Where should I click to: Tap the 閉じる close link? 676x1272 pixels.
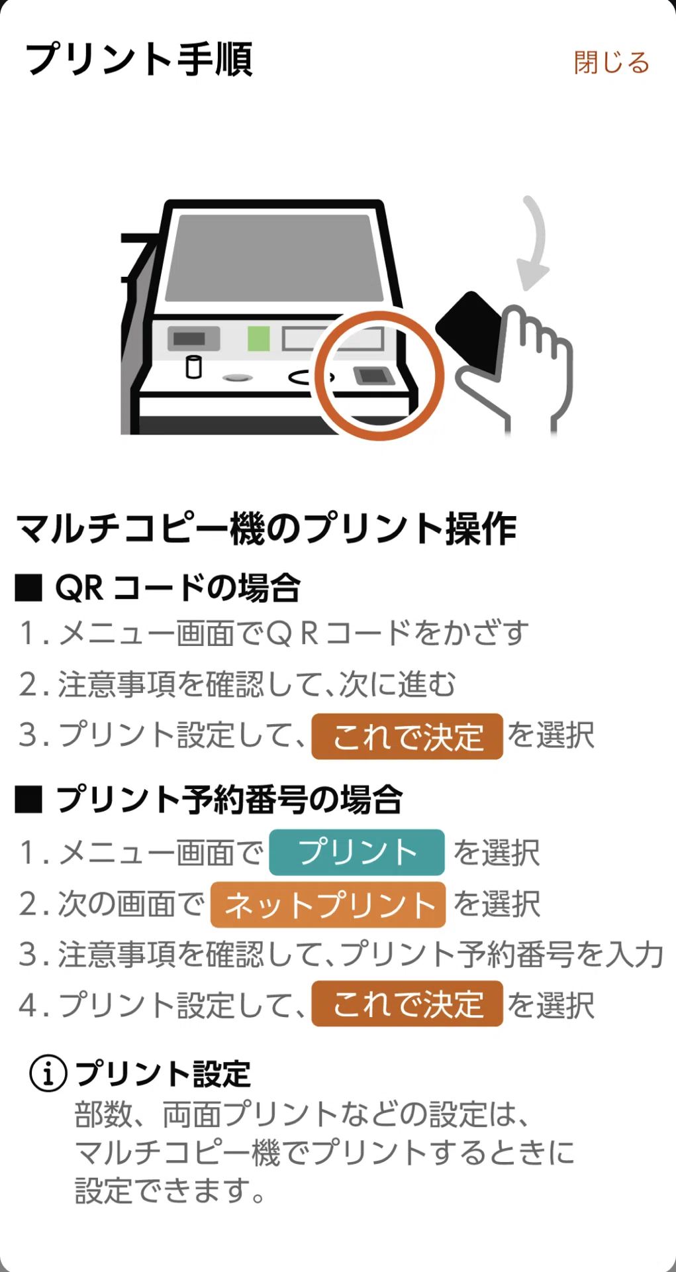click(x=612, y=62)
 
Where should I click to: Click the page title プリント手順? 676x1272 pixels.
click(x=139, y=60)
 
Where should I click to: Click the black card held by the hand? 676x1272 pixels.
click(x=469, y=331)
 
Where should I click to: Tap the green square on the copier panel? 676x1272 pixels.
click(x=259, y=339)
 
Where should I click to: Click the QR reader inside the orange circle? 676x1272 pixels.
click(x=374, y=376)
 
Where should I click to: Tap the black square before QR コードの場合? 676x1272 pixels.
click(x=28, y=588)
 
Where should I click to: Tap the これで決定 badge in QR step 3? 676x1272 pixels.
click(x=407, y=736)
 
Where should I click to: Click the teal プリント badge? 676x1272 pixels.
click(x=357, y=852)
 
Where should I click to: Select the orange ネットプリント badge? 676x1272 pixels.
click(x=328, y=904)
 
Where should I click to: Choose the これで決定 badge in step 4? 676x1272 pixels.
click(x=407, y=1004)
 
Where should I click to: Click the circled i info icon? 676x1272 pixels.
click(x=48, y=1073)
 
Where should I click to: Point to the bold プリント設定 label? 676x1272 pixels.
click(x=163, y=1074)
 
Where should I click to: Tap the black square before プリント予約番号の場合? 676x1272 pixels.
click(x=28, y=800)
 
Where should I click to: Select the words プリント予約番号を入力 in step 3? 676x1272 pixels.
click(x=501, y=955)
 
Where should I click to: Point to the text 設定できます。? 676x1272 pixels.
click(x=170, y=1191)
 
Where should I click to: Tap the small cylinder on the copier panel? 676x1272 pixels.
click(x=193, y=366)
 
